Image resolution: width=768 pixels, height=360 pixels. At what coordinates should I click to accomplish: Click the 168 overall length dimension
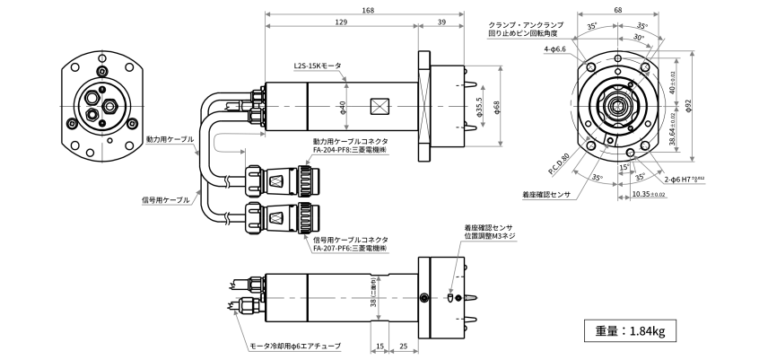tap(368, 11)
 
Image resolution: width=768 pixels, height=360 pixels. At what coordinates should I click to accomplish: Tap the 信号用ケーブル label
tap(168, 200)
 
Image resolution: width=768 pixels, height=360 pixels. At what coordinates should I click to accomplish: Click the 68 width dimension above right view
tap(618, 11)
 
